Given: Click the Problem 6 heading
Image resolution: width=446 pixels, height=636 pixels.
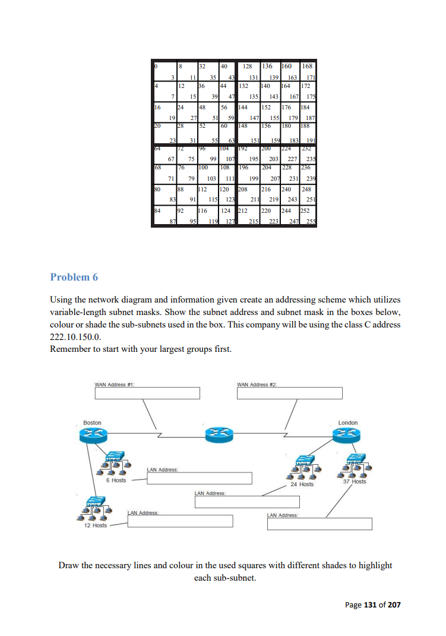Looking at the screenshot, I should coord(74,277).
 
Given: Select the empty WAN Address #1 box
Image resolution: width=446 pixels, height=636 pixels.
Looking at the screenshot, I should coord(147,393).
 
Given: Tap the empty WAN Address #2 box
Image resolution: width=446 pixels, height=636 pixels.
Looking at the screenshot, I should coord(289,393).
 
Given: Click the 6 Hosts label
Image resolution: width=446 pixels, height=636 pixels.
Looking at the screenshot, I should coord(116,480).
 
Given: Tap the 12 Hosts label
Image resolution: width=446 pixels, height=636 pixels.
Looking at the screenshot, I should coord(95,525).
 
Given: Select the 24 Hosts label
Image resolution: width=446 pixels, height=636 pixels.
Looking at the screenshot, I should coord(302,484).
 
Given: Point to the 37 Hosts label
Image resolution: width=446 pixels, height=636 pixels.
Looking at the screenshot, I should coord(355,481).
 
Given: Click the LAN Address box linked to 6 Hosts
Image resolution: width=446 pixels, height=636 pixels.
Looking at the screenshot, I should coord(199,478).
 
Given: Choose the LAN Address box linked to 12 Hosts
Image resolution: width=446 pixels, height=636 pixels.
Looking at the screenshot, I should coord(179,521).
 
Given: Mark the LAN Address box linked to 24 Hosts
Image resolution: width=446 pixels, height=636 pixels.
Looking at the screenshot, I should coord(247,502).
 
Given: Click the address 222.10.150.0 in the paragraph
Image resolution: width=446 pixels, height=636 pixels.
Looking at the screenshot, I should coord(72,336).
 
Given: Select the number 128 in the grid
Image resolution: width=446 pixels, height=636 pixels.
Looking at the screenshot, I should coord(247,68).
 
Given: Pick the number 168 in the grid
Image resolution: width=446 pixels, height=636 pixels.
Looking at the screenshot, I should coord(308,68).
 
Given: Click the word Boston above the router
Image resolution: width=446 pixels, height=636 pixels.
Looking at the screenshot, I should coord(92,423).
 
